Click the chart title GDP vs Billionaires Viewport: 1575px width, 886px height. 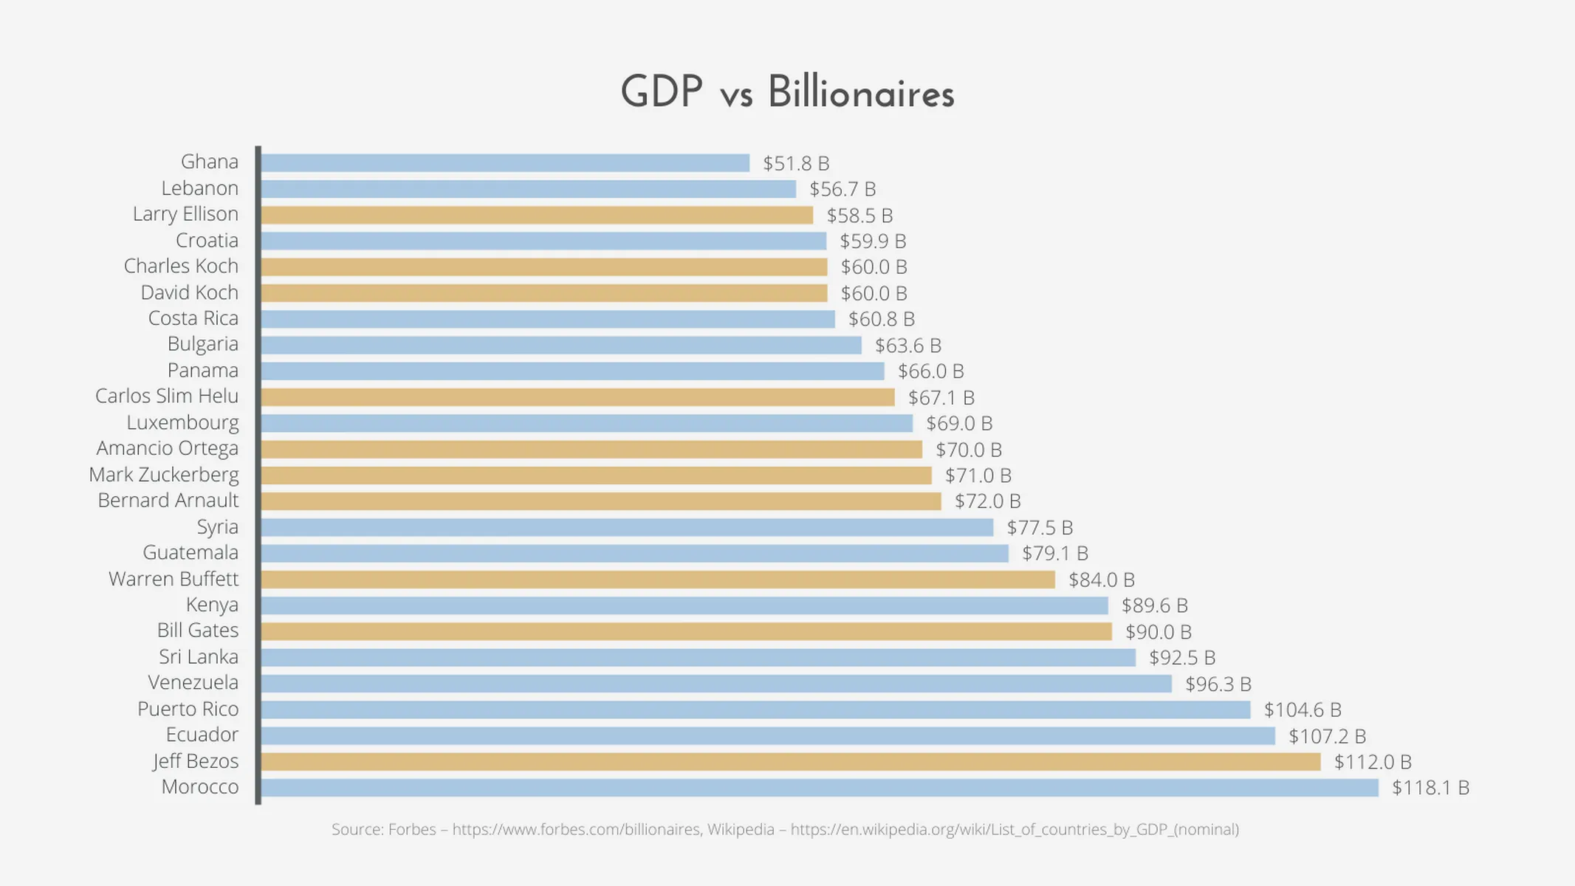coord(787,93)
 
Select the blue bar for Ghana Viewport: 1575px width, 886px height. coord(505,163)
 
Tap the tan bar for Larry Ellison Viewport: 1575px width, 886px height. coord(537,215)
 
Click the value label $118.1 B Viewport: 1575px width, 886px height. coord(1430,788)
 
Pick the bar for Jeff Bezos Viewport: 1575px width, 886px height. coord(790,762)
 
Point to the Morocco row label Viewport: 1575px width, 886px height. coord(200,787)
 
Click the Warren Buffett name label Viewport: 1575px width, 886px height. coord(174,579)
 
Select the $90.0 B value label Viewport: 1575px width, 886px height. coord(1158,632)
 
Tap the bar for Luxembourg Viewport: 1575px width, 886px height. coord(587,423)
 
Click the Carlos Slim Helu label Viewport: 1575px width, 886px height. coord(167,396)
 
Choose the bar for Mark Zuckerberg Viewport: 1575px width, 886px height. coord(597,475)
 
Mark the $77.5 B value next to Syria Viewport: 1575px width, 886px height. coord(1040,528)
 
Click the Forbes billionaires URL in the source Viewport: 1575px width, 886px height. coord(576,830)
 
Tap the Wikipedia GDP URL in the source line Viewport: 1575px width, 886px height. coord(1014,830)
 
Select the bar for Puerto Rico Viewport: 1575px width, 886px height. coord(755,710)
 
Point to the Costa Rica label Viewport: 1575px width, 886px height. coord(193,318)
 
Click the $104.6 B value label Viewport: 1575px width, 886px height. coord(1302,710)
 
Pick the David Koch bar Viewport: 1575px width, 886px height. coord(544,293)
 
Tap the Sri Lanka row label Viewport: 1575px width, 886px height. coord(199,657)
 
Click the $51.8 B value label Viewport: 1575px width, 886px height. coord(796,163)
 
